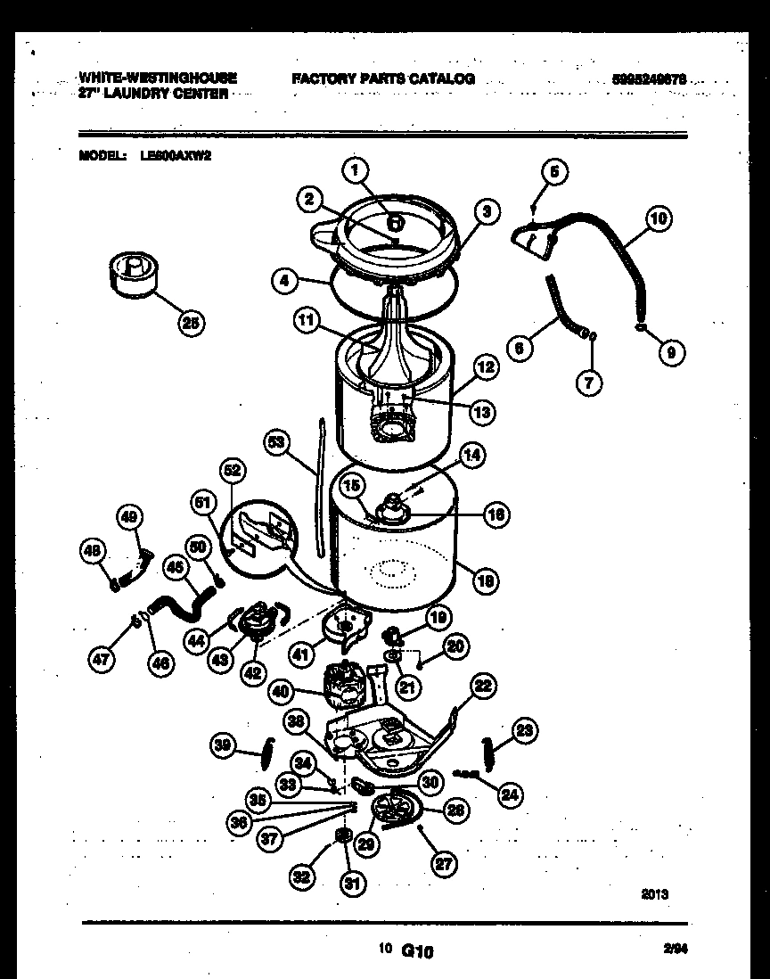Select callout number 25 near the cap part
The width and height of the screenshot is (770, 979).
click(190, 324)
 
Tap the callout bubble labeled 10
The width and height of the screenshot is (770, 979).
click(659, 218)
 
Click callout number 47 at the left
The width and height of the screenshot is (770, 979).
click(101, 660)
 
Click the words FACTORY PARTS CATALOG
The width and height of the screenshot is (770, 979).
click(383, 78)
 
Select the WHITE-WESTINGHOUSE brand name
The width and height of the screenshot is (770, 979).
click(158, 78)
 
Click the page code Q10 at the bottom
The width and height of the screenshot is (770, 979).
click(417, 952)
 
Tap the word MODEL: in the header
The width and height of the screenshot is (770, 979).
click(101, 153)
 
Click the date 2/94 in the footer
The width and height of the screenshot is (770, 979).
click(676, 950)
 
